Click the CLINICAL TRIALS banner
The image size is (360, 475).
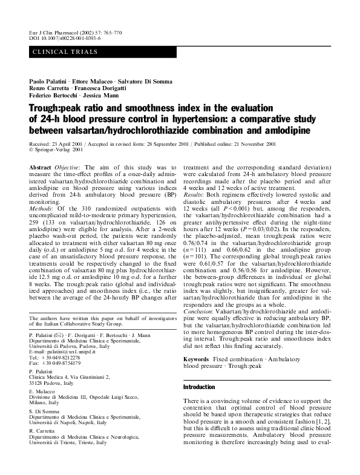64,52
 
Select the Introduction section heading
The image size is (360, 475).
200,387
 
